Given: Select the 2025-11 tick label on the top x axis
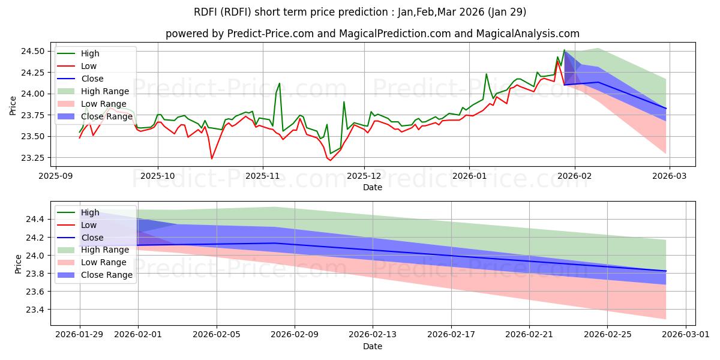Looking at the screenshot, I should pos(262,176).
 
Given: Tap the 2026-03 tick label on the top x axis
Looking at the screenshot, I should pos(670,176).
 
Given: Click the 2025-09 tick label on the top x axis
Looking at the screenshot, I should pos(55,176).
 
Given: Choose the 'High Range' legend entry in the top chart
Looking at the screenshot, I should pos(105,91).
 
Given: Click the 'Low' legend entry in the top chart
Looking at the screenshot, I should pos(89,66).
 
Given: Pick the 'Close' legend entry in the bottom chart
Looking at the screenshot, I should pos(92,238).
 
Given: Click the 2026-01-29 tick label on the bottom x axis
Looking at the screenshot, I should pos(80,335).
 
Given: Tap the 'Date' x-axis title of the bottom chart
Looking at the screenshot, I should pos(373,346).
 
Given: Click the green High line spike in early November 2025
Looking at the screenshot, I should pos(279,83).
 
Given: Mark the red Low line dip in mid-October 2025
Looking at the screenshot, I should pos(211,158).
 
